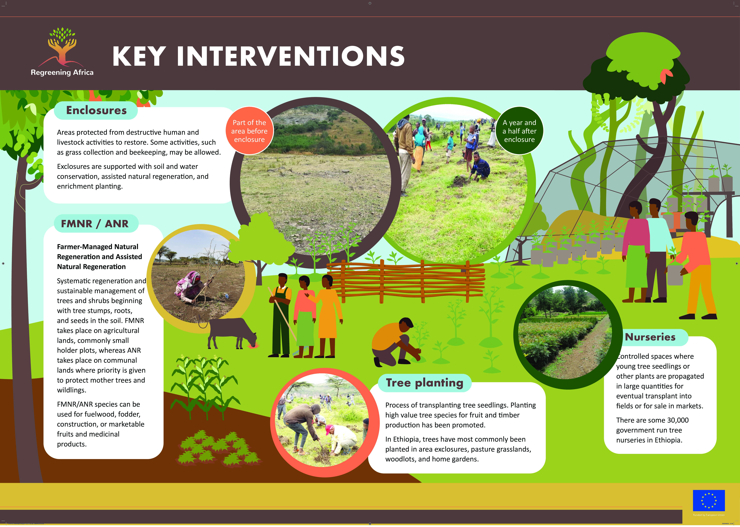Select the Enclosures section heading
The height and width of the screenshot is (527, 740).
click(96, 110)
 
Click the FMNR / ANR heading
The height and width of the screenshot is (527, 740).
click(95, 224)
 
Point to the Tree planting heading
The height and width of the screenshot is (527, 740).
click(424, 383)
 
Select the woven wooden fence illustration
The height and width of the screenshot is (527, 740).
click(406, 281)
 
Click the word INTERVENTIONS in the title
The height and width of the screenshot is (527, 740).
click(291, 56)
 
